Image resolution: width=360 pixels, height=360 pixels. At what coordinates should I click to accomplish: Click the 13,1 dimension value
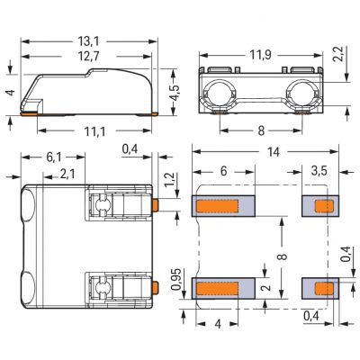coord(88,41)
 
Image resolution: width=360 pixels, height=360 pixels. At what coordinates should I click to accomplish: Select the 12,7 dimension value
coord(88,57)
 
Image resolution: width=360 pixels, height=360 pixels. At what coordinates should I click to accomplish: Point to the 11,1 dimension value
coord(94,131)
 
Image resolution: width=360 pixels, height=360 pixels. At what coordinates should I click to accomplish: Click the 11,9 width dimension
coord(260,55)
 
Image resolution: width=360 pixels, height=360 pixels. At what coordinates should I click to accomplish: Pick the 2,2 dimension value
coord(338,54)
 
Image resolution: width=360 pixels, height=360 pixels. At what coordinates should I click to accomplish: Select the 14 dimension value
coord(273,152)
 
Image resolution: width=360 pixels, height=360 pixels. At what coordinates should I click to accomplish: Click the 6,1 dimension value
coord(54,157)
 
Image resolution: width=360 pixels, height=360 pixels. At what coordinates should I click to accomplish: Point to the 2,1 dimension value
coord(67,174)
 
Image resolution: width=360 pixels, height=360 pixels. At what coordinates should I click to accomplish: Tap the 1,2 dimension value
coord(169,180)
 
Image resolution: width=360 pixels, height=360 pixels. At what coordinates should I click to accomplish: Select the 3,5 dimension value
coord(319,171)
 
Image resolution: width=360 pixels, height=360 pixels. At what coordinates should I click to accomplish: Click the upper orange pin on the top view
coord(155,205)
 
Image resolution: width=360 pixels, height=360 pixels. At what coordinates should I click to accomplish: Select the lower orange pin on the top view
coord(155,287)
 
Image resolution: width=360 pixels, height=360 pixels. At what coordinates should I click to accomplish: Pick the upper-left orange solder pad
coord(217,206)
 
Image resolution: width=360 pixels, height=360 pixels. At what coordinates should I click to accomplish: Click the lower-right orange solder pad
coord(324,288)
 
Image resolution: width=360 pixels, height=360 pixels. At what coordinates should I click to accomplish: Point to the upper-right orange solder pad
coord(324,206)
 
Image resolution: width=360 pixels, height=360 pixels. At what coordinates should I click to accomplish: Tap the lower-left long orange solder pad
coord(217,288)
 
